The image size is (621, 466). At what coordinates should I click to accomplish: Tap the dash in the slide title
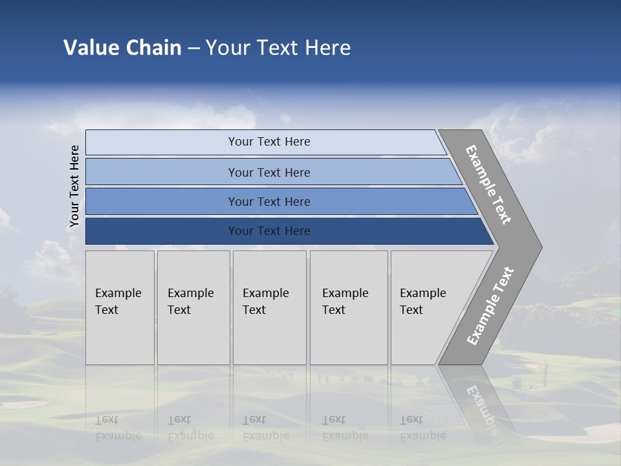pos(193,48)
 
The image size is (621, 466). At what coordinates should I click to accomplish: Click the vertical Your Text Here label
pos(74,186)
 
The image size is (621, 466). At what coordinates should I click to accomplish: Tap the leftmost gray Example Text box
pos(120,307)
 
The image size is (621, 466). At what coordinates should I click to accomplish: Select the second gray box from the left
pos(193,307)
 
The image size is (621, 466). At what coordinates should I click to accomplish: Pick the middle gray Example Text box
pos(269,307)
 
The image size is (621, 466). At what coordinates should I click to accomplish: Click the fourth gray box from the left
pos(348,307)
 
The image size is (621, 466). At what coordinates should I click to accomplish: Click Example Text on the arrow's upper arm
pos(489,184)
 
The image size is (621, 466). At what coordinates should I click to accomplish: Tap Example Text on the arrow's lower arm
pos(490,306)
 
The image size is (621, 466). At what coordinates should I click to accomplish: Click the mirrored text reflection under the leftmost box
pos(118,428)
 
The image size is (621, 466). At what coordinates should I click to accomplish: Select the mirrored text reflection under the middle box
pos(265,428)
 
